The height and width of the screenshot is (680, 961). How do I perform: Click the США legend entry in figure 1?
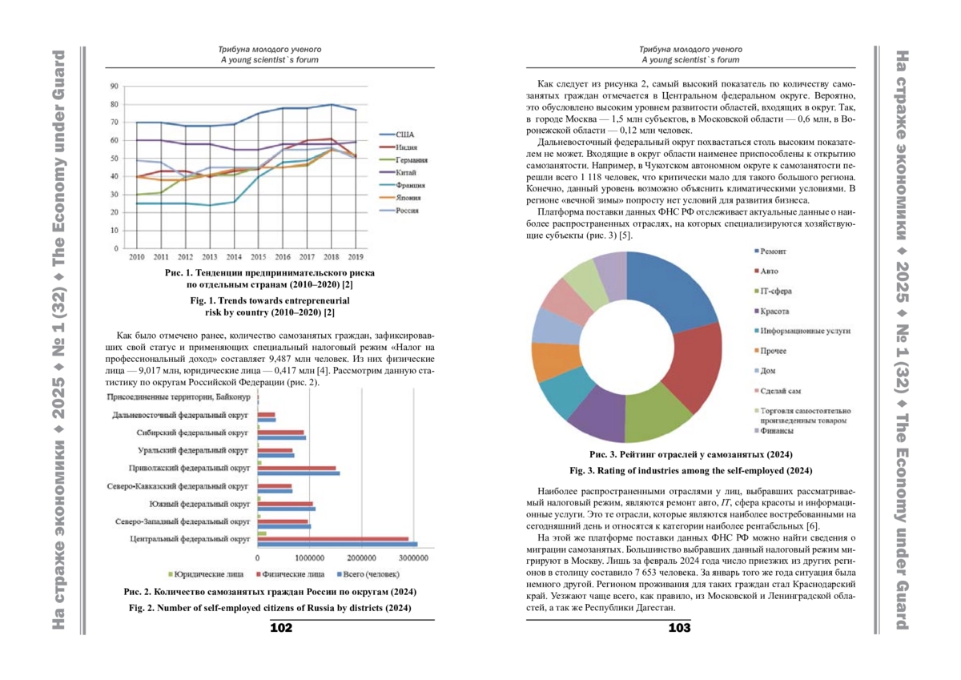point(405,135)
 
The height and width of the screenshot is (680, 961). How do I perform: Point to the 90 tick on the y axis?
point(115,86)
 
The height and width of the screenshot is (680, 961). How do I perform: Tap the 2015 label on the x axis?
point(259,257)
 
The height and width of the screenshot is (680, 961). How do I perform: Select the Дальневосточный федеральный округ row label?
point(182,415)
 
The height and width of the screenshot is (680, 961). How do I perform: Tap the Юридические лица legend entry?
point(208,574)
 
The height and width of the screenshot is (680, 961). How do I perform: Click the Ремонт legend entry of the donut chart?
point(773,251)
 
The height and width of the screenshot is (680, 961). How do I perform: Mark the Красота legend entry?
point(774,311)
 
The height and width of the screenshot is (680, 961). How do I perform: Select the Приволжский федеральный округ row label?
point(190,468)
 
